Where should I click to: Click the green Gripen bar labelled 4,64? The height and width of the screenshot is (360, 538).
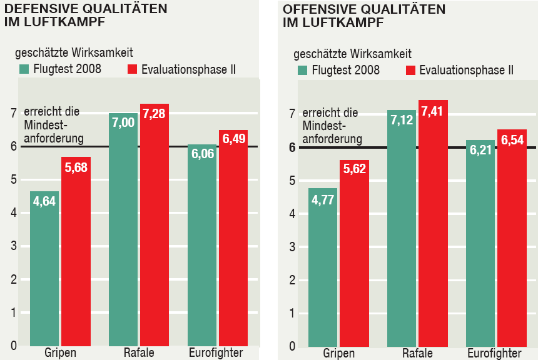44,269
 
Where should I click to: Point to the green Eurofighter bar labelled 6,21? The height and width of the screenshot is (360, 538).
480,250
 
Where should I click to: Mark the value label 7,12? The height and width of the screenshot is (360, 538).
402,120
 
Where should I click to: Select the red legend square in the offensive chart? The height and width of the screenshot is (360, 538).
410,70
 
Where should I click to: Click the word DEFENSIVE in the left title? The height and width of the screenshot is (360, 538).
37,9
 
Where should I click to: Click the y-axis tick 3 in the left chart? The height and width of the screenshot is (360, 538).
13,246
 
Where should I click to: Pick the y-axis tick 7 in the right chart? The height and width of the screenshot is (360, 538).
292,114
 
